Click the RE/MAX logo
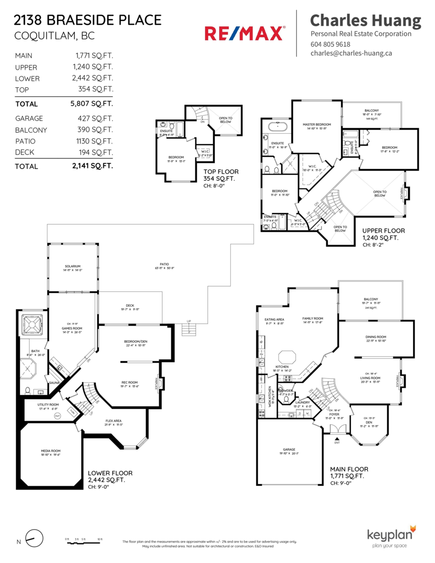click(x=244, y=33)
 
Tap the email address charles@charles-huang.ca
click(x=351, y=53)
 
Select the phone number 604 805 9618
click(x=330, y=44)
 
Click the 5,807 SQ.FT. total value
click(x=93, y=104)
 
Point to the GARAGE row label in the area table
click(x=29, y=119)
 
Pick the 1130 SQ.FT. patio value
click(x=95, y=141)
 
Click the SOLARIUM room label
click(x=73, y=266)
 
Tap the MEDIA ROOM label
click(x=50, y=451)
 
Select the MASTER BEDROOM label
click(x=317, y=124)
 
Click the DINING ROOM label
click(x=375, y=337)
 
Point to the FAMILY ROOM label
click(x=313, y=319)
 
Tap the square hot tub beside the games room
click(x=32, y=324)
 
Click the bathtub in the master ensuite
click(x=277, y=126)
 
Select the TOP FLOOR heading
click(x=221, y=172)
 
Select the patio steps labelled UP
click(x=189, y=329)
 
